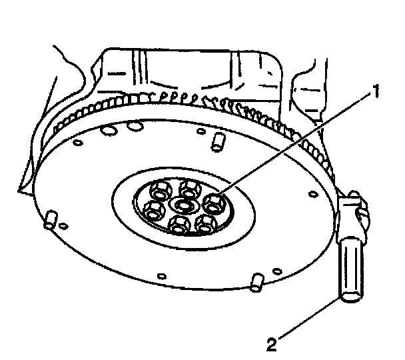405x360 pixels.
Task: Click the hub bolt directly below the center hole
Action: [179, 224]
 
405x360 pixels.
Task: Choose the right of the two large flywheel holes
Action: [135, 127]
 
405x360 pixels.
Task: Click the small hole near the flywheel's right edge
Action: [313, 195]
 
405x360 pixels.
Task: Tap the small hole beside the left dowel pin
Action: [62, 227]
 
